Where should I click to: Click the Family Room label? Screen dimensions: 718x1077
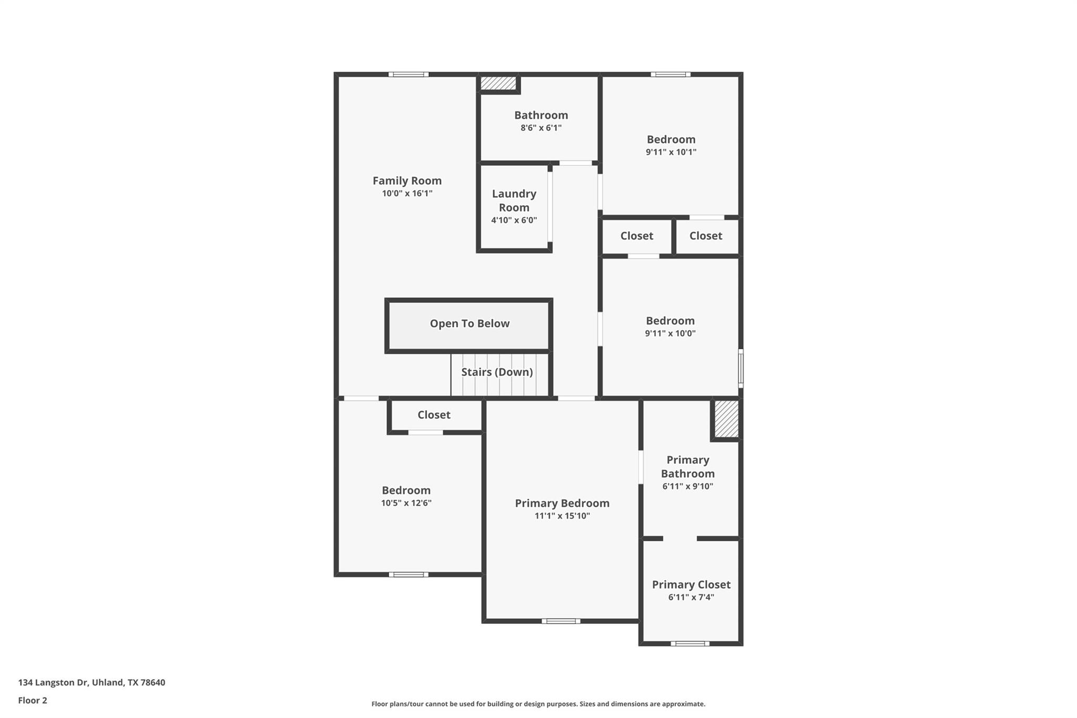click(407, 181)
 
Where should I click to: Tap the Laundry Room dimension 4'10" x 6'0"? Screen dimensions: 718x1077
click(514, 220)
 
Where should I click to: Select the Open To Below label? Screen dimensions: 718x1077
click(470, 323)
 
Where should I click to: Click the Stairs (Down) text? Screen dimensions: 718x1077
click(497, 372)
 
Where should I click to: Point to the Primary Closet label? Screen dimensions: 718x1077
click(691, 585)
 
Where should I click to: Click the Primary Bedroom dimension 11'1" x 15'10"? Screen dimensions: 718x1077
click(562, 516)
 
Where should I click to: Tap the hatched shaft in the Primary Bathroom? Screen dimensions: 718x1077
click(726, 419)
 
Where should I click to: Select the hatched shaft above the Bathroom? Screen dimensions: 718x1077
click(497, 83)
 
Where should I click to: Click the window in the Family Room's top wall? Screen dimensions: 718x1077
click(409, 75)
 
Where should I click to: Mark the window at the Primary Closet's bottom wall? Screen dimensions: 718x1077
click(689, 643)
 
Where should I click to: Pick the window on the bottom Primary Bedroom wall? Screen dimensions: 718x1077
click(561, 621)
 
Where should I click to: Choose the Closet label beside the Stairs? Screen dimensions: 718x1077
click(434, 415)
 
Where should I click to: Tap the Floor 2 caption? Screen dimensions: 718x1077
click(33, 701)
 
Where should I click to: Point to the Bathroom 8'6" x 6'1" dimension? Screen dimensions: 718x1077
click(541, 128)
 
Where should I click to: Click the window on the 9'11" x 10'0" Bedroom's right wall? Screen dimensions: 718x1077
click(740, 368)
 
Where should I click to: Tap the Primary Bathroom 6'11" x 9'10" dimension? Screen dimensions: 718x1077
click(688, 487)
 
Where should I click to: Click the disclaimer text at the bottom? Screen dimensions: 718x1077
click(538, 704)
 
